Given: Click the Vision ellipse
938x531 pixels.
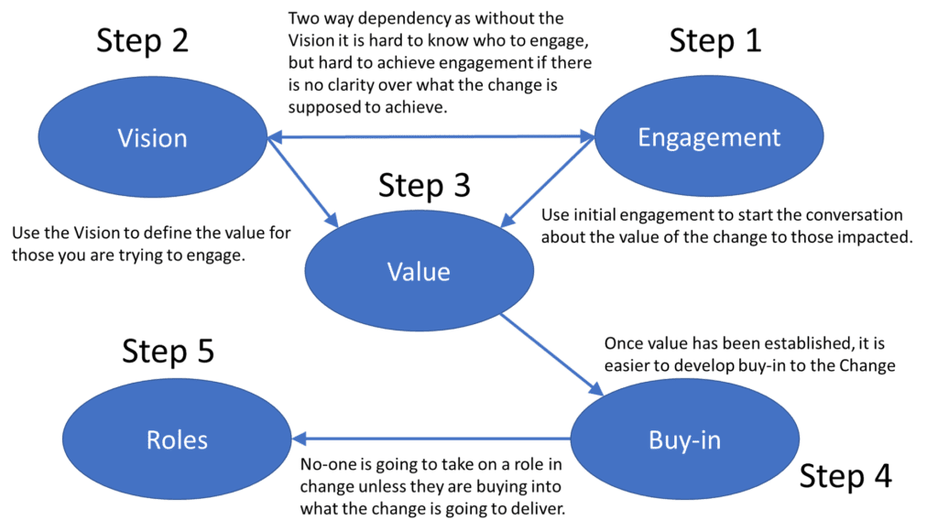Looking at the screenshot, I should [x=152, y=138].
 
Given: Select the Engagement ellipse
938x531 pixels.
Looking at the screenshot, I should [x=709, y=137].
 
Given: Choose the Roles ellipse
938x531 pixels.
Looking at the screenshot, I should [x=177, y=439].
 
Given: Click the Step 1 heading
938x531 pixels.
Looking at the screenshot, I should [x=716, y=41].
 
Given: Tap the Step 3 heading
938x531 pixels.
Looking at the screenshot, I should [x=424, y=187].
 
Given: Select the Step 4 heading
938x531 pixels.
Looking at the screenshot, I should [x=845, y=477].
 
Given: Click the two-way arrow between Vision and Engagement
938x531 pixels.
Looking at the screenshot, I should [x=431, y=137].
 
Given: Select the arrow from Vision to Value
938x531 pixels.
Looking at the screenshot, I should [x=302, y=181].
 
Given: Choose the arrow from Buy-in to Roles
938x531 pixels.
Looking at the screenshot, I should [x=431, y=439].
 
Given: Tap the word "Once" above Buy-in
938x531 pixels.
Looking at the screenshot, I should [x=624, y=345].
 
